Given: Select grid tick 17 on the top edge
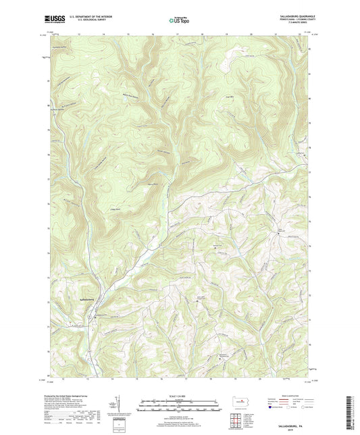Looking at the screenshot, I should coord(177,32).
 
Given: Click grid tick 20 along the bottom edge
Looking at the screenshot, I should coord(251,378).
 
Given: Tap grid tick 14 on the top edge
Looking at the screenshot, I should coord(104,32).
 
